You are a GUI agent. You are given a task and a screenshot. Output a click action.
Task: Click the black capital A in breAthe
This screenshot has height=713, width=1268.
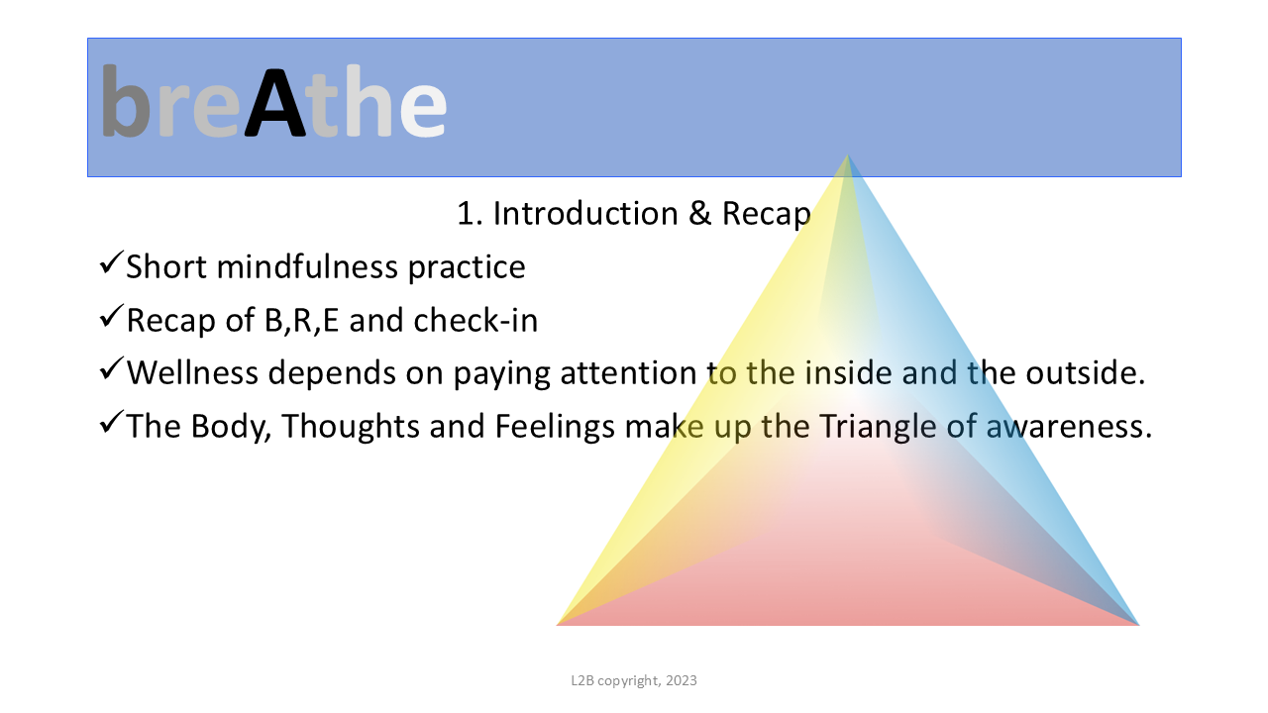point(275,103)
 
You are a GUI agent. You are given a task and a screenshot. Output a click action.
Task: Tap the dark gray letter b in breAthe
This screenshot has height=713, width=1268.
point(126,100)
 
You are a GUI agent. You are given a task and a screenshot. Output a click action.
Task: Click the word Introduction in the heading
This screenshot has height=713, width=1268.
point(585,214)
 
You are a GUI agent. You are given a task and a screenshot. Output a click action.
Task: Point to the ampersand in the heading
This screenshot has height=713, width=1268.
point(700,214)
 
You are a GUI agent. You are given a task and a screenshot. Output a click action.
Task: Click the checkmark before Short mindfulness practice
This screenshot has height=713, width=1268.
point(111,262)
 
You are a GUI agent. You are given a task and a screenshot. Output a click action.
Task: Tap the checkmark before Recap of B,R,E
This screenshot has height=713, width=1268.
point(111,316)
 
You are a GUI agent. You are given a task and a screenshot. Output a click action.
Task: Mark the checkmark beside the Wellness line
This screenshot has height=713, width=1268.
point(111,368)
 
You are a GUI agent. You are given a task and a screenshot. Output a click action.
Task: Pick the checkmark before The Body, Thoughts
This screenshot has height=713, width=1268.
point(111,422)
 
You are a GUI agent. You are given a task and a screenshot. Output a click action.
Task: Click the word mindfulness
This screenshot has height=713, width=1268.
point(307,266)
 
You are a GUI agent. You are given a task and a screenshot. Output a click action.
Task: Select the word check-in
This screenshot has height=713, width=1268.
point(475,320)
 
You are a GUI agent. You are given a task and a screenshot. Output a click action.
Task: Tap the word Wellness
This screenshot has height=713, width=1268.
point(192,373)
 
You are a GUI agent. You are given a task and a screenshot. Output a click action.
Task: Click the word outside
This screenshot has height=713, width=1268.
point(1085,373)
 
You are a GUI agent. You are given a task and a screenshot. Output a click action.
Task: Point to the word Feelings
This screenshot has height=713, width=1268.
point(555,427)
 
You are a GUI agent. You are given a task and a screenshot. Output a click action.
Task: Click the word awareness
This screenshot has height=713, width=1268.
point(1069,428)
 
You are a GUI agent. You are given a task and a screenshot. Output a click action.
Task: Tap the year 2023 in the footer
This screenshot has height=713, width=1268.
point(681,680)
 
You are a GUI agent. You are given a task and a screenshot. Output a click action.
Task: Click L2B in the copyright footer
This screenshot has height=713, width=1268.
point(582,680)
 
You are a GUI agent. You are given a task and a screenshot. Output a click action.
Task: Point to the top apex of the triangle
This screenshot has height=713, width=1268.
point(847,155)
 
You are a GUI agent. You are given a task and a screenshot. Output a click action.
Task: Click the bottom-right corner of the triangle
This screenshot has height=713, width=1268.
point(1139,625)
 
